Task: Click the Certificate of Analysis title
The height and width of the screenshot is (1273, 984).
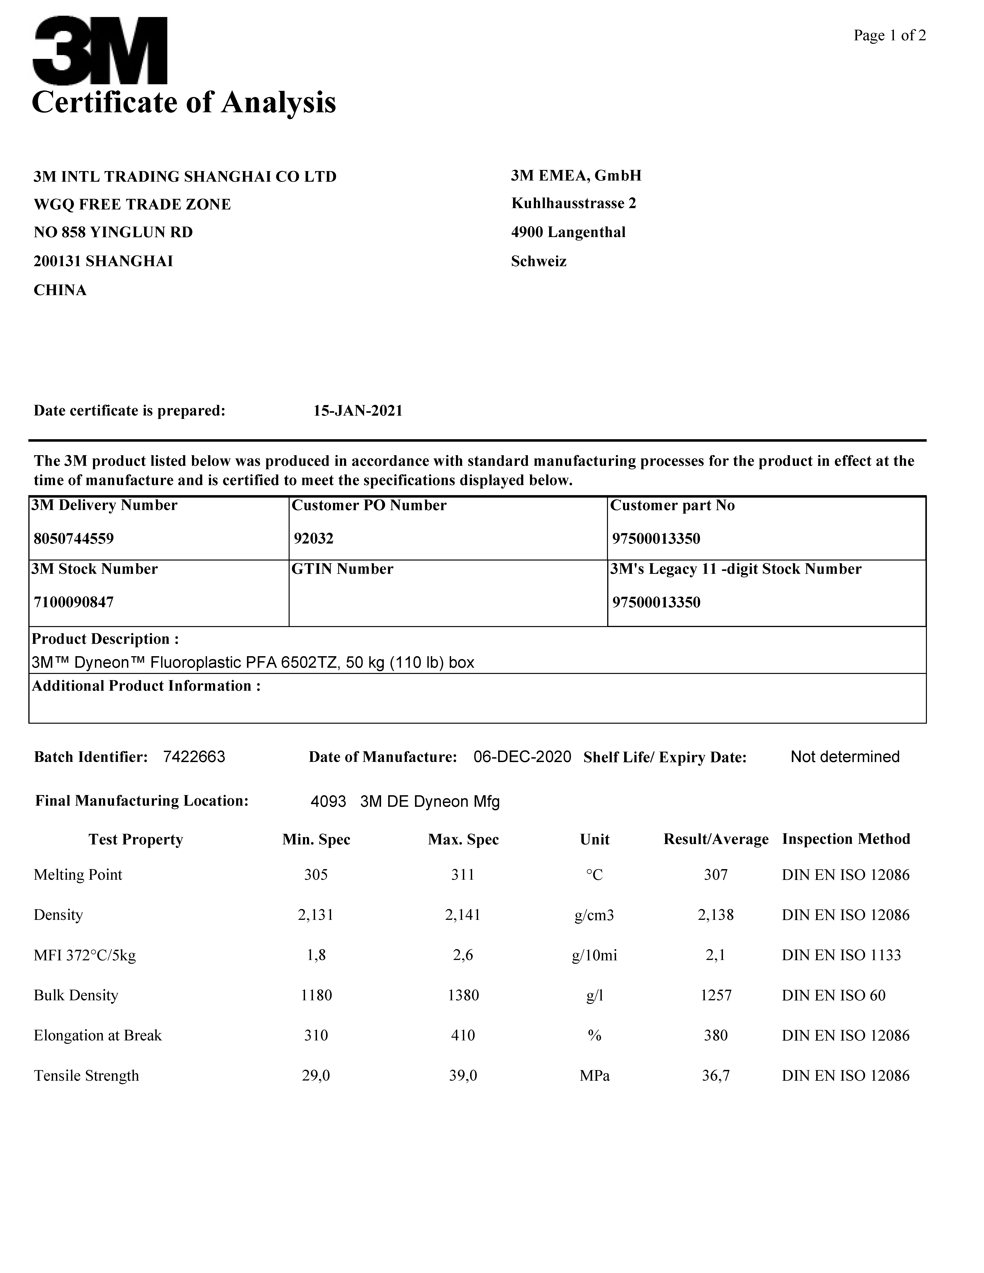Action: (x=184, y=103)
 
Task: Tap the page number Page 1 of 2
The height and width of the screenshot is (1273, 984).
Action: (x=890, y=35)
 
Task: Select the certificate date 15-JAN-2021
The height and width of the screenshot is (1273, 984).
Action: (x=358, y=411)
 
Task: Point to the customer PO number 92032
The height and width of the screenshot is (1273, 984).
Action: (x=314, y=539)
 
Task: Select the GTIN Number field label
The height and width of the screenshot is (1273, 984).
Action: (x=342, y=569)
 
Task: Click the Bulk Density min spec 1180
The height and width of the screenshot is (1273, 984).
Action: (x=316, y=995)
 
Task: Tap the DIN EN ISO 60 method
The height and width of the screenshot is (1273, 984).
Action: (x=834, y=995)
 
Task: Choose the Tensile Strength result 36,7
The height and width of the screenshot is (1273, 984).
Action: (x=716, y=1075)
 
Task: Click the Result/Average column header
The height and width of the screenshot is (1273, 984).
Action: (x=716, y=839)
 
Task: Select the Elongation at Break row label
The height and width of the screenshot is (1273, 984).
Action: (x=97, y=1035)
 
